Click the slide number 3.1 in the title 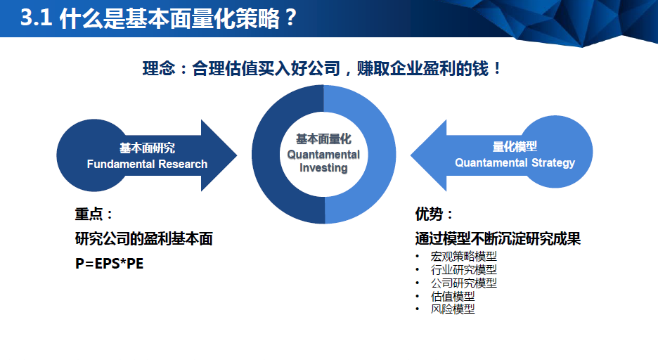pyautogui.click(x=36, y=18)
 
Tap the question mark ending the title pyautogui.click(x=290, y=18)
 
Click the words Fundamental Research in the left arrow pyautogui.click(x=148, y=164)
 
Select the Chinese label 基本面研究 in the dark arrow pyautogui.click(x=148, y=148)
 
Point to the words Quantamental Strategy pyautogui.click(x=515, y=163)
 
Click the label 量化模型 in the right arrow pyautogui.click(x=515, y=146)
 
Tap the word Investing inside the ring pyautogui.click(x=323, y=168)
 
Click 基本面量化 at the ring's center pyautogui.click(x=323, y=139)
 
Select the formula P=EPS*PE pyautogui.click(x=109, y=264)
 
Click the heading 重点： pyautogui.click(x=93, y=214)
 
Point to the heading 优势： pyautogui.click(x=434, y=214)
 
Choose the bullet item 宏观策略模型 pyautogui.click(x=464, y=256)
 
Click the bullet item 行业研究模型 pyautogui.click(x=464, y=269)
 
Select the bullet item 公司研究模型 pyautogui.click(x=464, y=283)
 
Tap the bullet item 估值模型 pyautogui.click(x=453, y=296)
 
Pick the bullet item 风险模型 pyautogui.click(x=453, y=309)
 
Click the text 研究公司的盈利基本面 pyautogui.click(x=144, y=239)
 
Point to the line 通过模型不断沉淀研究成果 pyautogui.click(x=498, y=239)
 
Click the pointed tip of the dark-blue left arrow pyautogui.click(x=237, y=155)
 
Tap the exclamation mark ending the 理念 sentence pyautogui.click(x=497, y=68)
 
